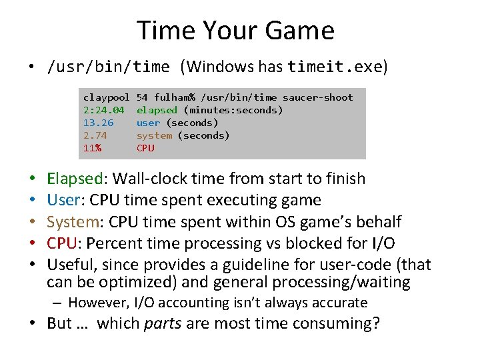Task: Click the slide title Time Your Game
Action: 235,31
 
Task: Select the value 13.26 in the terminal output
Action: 98,123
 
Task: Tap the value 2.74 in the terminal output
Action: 95,135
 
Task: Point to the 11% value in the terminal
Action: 92,148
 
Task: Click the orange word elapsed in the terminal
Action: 157,110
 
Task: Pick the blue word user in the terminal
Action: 148,123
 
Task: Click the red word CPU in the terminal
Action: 145,148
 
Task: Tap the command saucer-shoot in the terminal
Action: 318,97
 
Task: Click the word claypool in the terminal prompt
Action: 106,97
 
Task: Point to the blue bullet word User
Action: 63,200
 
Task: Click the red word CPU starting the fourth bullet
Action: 61,243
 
